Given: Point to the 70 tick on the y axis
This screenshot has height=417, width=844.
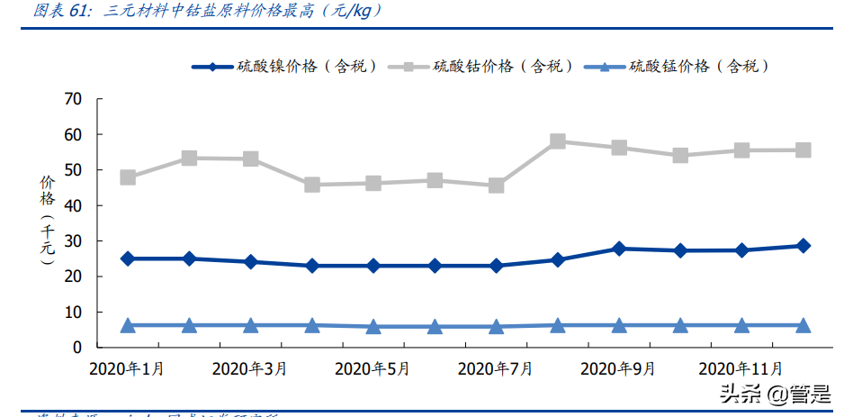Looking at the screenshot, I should (73, 99).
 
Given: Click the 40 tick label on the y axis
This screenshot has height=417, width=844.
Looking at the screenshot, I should (73, 205).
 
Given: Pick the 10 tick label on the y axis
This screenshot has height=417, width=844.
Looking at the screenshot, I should (73, 312).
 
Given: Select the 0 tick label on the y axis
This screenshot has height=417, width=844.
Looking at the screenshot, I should (77, 348).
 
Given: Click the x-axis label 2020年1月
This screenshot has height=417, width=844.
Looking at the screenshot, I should (127, 369).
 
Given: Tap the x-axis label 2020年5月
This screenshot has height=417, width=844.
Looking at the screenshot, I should (373, 369).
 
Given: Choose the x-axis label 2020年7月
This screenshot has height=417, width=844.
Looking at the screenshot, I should (495, 369).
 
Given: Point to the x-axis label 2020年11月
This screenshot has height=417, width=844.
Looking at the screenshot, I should (741, 369).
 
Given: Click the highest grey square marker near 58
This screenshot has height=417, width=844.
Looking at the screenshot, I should (557, 141).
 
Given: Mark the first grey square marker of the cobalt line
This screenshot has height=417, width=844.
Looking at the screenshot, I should (128, 177).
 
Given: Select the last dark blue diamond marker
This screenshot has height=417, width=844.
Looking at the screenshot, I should (803, 245).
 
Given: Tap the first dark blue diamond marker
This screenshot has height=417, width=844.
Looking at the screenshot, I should (128, 258).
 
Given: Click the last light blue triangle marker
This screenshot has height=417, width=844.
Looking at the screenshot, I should (803, 325).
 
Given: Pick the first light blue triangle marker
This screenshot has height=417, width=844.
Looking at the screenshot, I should (128, 325).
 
